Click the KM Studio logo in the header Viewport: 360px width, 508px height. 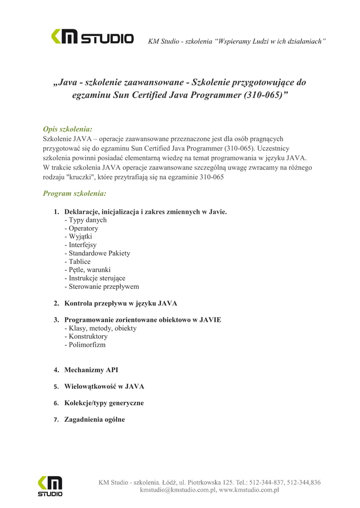point(92,37)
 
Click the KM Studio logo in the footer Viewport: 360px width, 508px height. point(50,486)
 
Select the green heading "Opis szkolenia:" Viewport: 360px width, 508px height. point(68,129)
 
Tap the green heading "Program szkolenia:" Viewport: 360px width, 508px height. point(74,193)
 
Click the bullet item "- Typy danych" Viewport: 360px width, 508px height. point(85,220)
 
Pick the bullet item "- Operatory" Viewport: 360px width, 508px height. point(81,228)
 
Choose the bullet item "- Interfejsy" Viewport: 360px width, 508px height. point(80,245)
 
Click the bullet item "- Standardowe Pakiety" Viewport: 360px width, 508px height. point(97,253)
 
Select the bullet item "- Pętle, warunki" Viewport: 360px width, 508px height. point(87,270)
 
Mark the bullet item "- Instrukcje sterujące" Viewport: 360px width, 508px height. point(95,278)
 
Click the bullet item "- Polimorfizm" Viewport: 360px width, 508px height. point(85,345)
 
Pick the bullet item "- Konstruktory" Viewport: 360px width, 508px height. point(86,336)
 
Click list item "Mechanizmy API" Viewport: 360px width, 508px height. point(91,370)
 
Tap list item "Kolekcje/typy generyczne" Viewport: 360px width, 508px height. point(104,403)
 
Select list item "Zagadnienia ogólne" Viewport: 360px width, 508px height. point(94,420)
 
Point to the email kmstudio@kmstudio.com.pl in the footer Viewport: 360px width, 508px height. point(177,490)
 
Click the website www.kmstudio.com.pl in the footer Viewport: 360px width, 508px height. point(249,490)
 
